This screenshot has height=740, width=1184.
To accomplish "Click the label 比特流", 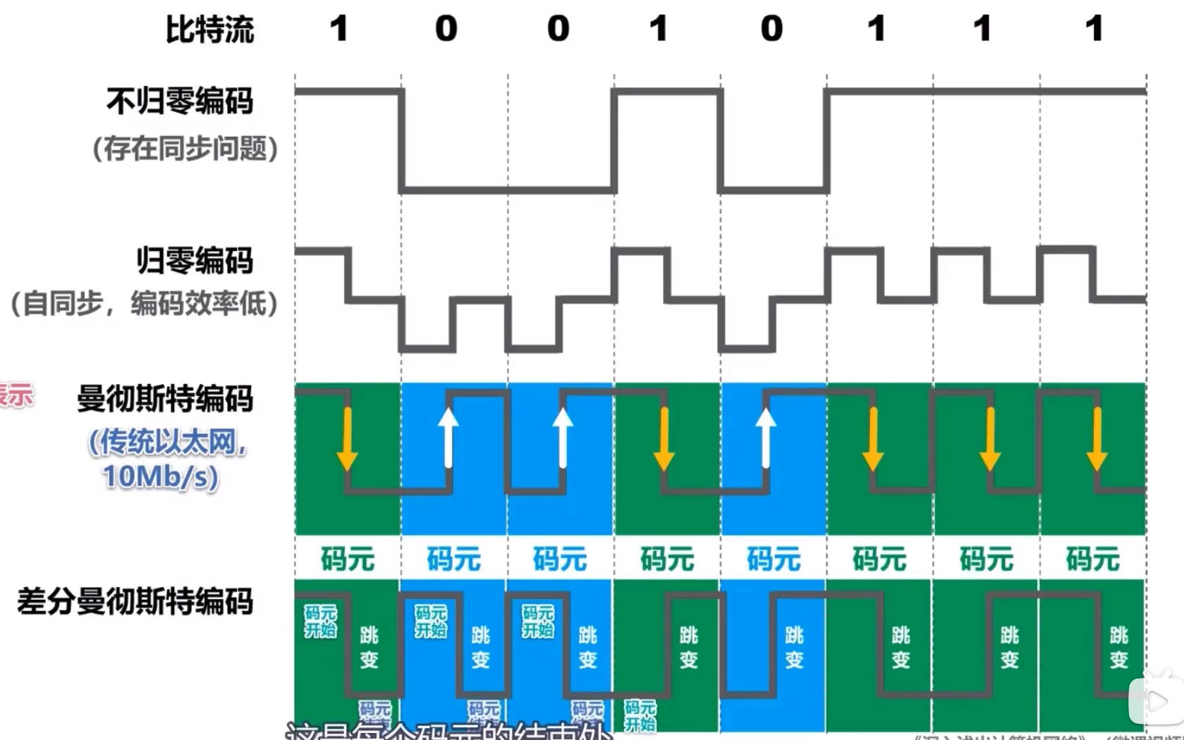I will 209,30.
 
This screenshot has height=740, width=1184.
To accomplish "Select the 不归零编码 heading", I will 180,101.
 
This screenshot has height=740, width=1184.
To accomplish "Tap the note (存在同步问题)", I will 185,149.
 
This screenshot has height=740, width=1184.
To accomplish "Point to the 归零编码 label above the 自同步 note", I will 195,261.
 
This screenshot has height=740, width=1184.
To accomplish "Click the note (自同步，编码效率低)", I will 144,304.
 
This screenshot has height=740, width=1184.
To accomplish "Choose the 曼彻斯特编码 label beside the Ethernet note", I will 165,399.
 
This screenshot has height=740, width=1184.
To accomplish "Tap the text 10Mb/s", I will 161,476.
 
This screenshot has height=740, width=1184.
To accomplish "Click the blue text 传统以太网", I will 167,443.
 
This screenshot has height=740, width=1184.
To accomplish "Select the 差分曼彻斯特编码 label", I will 135,602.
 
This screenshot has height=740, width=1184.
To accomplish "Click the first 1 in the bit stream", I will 339,29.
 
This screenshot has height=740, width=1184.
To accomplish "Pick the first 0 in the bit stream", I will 446,29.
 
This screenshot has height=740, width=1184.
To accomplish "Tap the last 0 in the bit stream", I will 771,29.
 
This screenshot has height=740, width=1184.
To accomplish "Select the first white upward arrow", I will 448,437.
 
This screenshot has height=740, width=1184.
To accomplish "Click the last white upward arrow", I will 766,437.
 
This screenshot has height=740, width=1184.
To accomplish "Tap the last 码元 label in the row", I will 1092,560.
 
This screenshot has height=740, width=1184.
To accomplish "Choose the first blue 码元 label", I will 454,560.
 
